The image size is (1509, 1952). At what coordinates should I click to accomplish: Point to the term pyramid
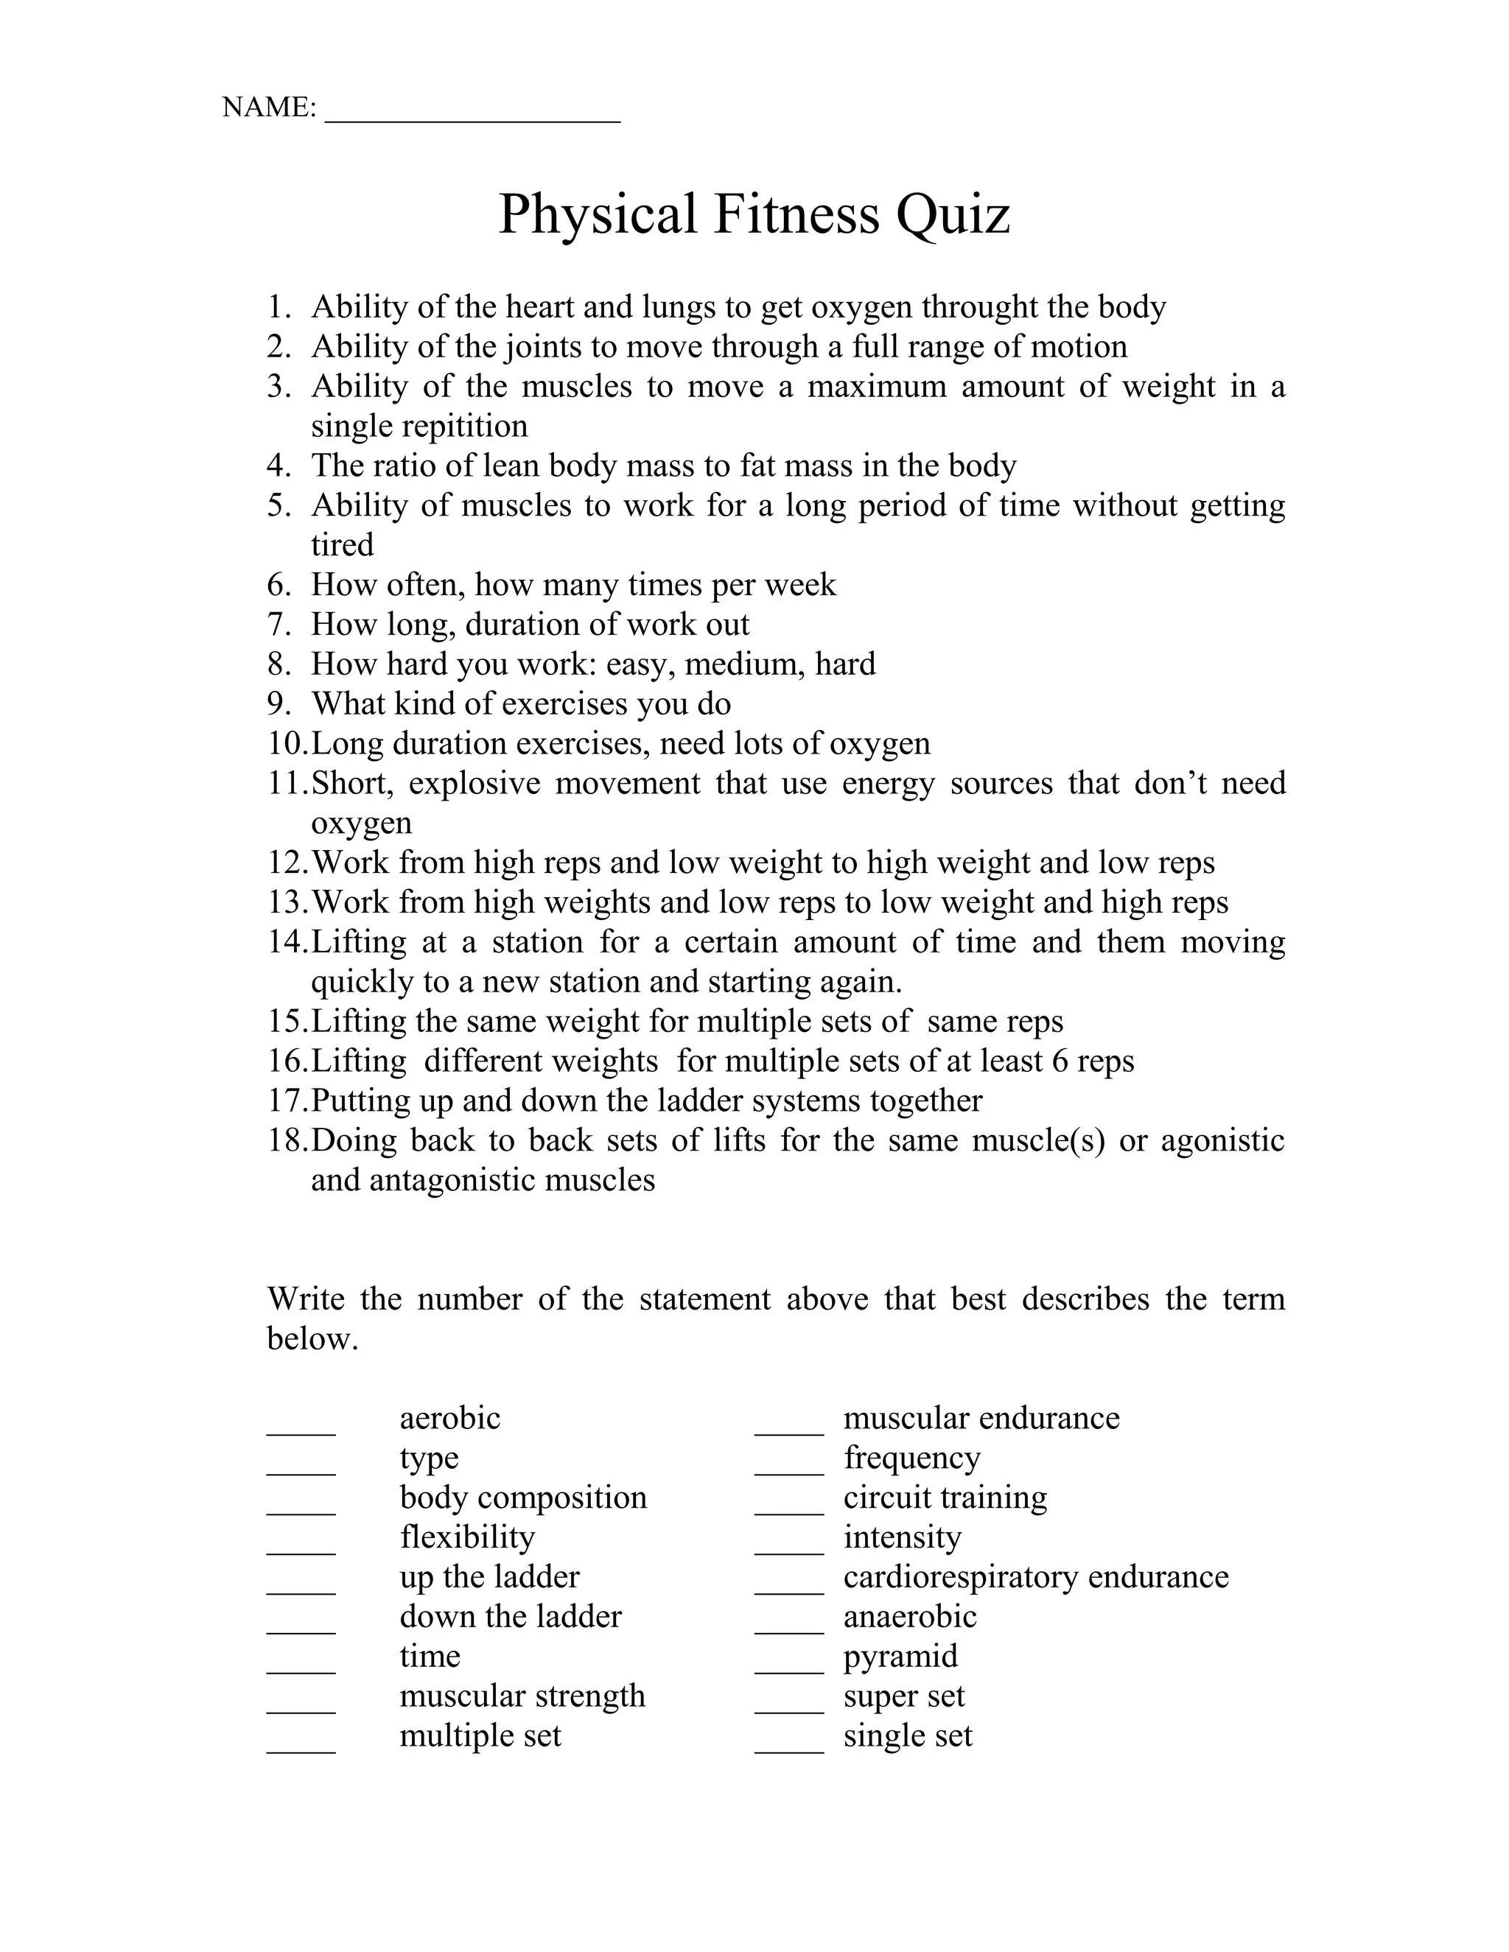pyautogui.click(x=900, y=1656)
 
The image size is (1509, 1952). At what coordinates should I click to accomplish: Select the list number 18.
pyautogui.click(x=286, y=1141)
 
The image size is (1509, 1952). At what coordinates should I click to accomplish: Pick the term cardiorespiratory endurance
pyautogui.click(x=1035, y=1576)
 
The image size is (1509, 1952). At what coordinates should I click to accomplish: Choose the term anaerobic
pyautogui.click(x=909, y=1616)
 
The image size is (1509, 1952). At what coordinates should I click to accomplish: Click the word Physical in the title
pyautogui.click(x=597, y=214)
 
